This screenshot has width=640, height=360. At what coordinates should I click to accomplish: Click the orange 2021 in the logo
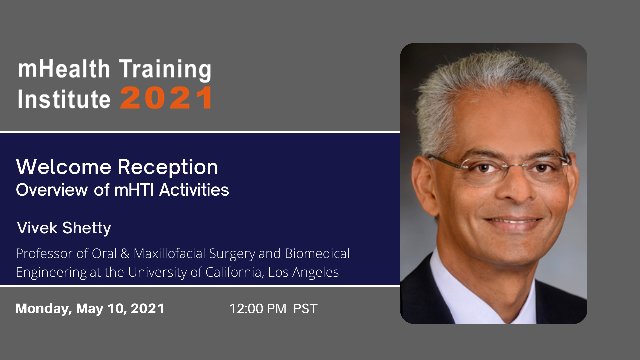click(x=166, y=98)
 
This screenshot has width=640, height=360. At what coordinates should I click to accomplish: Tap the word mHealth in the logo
click(x=64, y=69)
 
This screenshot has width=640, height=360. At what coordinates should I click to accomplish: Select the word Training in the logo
click(x=165, y=70)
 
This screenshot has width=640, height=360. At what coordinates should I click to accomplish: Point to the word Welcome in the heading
click(x=64, y=167)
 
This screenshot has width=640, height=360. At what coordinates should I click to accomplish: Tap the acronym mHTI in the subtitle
click(x=134, y=190)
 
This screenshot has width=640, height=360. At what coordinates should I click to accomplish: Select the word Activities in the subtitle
click(x=194, y=190)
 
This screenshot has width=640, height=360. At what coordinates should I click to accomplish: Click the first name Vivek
click(x=37, y=228)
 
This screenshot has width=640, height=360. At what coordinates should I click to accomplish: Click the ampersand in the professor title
click(x=125, y=254)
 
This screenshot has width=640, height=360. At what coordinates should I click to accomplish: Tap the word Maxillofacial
click(x=169, y=254)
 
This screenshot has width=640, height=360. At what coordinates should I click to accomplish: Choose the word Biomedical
click(x=317, y=254)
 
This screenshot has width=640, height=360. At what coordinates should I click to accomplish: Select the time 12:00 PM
click(x=258, y=309)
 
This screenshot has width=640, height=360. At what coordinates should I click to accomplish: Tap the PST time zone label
click(x=305, y=309)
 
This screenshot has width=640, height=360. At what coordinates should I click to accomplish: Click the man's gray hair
click(x=493, y=90)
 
